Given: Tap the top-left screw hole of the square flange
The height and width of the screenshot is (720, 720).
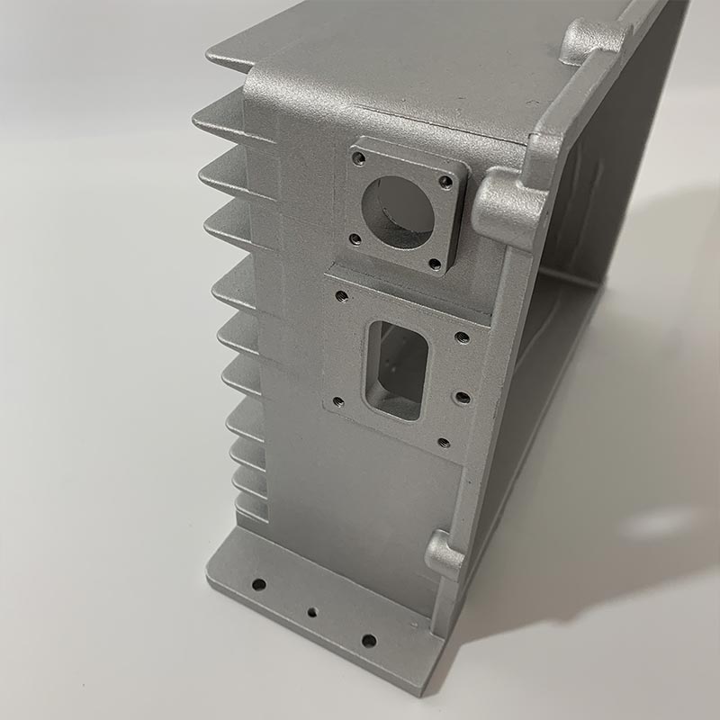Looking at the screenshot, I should (x=359, y=158).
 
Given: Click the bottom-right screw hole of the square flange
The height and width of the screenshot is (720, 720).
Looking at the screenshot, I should (x=436, y=265).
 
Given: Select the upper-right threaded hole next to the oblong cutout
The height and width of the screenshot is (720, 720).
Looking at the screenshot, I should (x=463, y=337).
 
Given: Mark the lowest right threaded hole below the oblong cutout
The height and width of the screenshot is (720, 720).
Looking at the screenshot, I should (x=443, y=442).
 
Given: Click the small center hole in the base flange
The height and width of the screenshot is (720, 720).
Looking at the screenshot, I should (x=311, y=611).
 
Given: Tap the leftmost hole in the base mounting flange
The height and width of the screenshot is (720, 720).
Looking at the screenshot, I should (x=258, y=585).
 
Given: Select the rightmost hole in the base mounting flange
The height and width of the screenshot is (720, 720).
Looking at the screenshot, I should (x=368, y=641).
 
